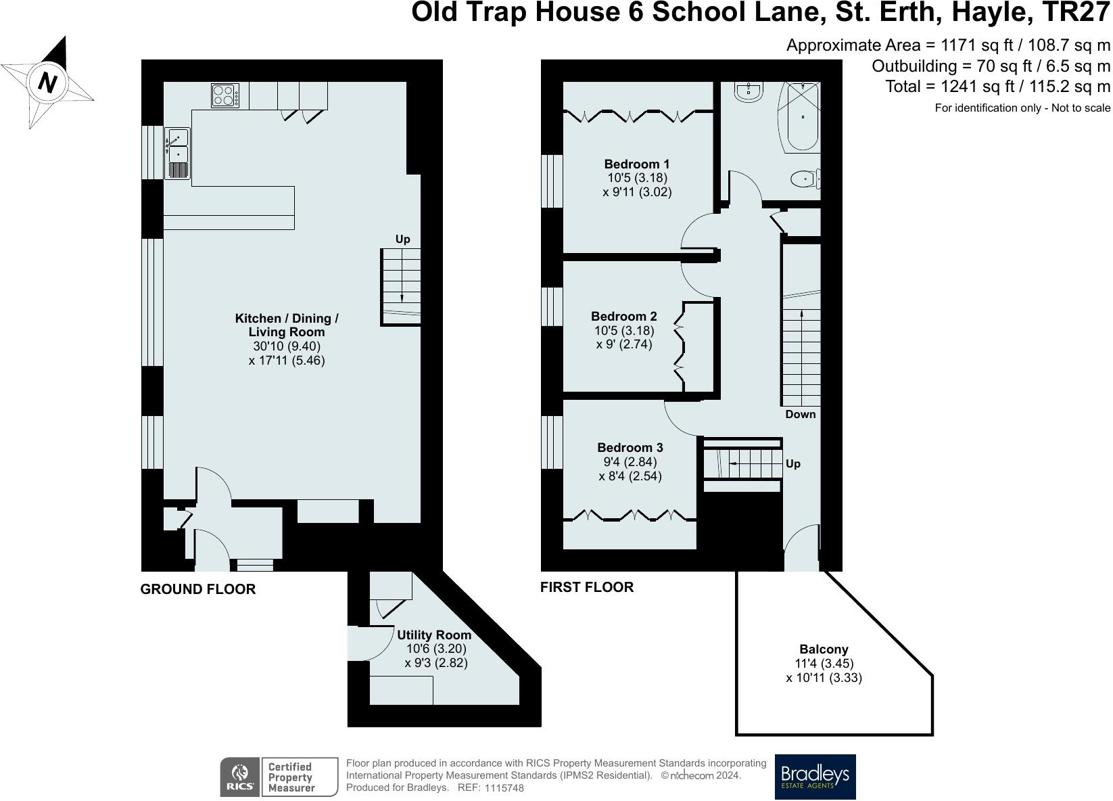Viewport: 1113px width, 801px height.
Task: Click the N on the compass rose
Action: click(x=47, y=83)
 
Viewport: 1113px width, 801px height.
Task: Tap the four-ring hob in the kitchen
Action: click(x=225, y=95)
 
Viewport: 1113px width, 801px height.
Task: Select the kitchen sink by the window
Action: click(x=178, y=153)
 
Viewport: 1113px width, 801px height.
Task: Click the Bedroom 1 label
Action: click(x=637, y=164)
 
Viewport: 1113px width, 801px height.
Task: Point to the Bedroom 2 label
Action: click(x=623, y=316)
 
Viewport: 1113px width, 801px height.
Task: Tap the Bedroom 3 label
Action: click(x=630, y=447)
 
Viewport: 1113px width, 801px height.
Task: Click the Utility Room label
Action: click(x=434, y=635)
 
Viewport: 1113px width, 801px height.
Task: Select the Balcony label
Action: click(x=824, y=649)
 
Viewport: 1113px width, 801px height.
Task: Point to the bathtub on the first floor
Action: click(x=803, y=117)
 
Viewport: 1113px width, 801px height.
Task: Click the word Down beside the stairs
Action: click(x=801, y=414)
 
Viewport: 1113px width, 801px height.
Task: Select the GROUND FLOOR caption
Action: click(x=198, y=589)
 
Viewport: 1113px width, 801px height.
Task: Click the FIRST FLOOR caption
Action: click(x=587, y=587)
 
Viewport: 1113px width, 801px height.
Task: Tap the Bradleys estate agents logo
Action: click(x=815, y=777)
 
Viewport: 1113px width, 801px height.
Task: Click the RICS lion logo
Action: click(x=239, y=777)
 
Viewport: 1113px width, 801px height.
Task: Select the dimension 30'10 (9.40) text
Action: click(x=287, y=346)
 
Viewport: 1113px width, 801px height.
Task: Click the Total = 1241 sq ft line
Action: click(x=997, y=87)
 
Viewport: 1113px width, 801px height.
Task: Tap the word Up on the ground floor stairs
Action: click(x=402, y=239)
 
